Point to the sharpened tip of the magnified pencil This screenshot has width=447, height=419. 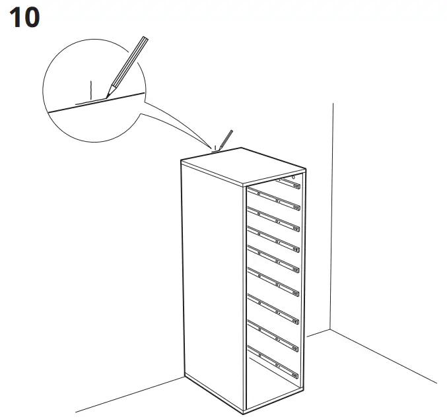(107, 97)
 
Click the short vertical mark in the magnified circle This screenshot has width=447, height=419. (91, 88)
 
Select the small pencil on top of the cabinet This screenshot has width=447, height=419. (225, 140)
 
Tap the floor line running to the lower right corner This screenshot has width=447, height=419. (383, 356)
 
